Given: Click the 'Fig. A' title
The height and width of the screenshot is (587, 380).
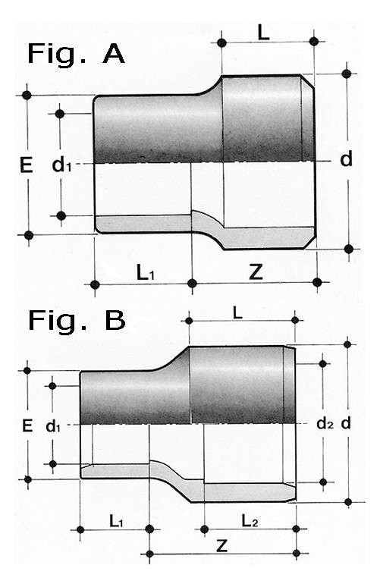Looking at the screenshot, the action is pyautogui.click(x=76, y=55).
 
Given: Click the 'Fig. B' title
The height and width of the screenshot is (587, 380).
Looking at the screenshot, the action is pyautogui.click(x=77, y=321).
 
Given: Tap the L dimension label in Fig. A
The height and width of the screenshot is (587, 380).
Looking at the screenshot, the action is pyautogui.click(x=263, y=33).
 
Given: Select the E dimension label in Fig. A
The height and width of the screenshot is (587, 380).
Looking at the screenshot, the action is pyautogui.click(x=27, y=165).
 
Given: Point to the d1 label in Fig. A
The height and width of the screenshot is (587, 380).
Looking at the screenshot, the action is pyautogui.click(x=61, y=165).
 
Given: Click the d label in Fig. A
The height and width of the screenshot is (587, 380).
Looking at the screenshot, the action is pyautogui.click(x=347, y=159).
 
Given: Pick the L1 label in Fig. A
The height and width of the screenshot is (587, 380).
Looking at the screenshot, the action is pyautogui.click(x=146, y=273).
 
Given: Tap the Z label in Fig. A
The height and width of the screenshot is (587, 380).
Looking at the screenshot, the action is pyautogui.click(x=256, y=272).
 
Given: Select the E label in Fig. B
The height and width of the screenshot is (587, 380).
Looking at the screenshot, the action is pyautogui.click(x=27, y=425).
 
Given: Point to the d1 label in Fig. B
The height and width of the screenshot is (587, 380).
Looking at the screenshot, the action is pyautogui.click(x=53, y=425).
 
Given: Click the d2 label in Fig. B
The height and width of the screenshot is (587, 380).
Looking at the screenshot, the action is pyautogui.click(x=325, y=423).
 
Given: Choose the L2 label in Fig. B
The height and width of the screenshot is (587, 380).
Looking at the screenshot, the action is pyautogui.click(x=250, y=520).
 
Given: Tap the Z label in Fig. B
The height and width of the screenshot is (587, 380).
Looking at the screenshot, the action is pyautogui.click(x=222, y=546).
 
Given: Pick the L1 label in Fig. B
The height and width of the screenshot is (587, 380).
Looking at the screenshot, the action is pyautogui.click(x=116, y=521).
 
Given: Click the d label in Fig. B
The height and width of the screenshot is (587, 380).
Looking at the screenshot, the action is pyautogui.click(x=346, y=423).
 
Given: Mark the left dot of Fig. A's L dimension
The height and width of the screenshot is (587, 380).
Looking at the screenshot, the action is pyautogui.click(x=221, y=42).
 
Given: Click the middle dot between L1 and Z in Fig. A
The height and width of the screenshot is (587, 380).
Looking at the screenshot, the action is pyautogui.click(x=192, y=284).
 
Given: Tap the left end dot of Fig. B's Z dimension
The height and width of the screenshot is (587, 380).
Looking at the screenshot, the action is pyautogui.click(x=149, y=554).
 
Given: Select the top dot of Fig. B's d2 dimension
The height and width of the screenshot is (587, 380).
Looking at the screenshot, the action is pyautogui.click(x=323, y=363).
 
